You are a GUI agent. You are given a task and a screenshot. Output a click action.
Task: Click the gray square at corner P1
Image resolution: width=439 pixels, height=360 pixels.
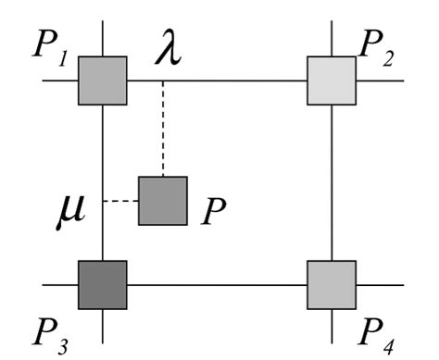tap(102, 80)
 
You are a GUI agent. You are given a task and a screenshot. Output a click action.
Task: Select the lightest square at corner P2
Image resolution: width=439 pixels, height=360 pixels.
tap(332, 81)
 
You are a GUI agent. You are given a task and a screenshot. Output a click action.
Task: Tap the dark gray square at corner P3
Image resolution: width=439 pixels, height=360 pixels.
tap(102, 284)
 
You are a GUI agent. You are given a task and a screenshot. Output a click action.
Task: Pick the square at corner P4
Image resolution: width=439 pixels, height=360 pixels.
tap(332, 284)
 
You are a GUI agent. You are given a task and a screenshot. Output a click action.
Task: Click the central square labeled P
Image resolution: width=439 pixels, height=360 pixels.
tap(162, 201)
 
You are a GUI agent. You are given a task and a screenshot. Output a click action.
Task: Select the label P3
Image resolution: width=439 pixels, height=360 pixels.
tap(45, 329)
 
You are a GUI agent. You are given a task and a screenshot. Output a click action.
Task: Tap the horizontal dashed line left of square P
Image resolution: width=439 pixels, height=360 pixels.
tap(119, 201)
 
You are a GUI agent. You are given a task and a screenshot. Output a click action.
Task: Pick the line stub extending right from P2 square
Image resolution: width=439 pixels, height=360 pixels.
tap(380, 81)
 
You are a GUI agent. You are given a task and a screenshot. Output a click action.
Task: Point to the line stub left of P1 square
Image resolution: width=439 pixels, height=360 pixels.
tap(59, 81)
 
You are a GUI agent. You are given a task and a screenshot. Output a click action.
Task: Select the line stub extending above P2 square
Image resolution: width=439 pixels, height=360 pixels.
tap(332, 39)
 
